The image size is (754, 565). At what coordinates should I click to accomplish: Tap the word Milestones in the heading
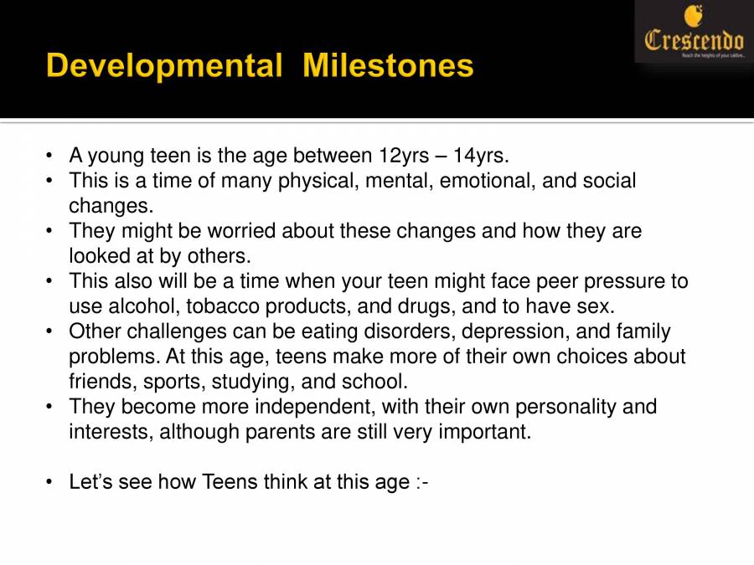click(x=388, y=65)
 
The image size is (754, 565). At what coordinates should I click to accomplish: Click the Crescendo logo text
click(x=694, y=39)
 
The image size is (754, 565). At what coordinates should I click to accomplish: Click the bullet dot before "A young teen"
click(x=51, y=157)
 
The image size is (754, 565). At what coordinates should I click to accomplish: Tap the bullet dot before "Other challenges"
click(x=51, y=332)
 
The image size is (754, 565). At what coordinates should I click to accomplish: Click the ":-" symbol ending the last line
click(x=422, y=483)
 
